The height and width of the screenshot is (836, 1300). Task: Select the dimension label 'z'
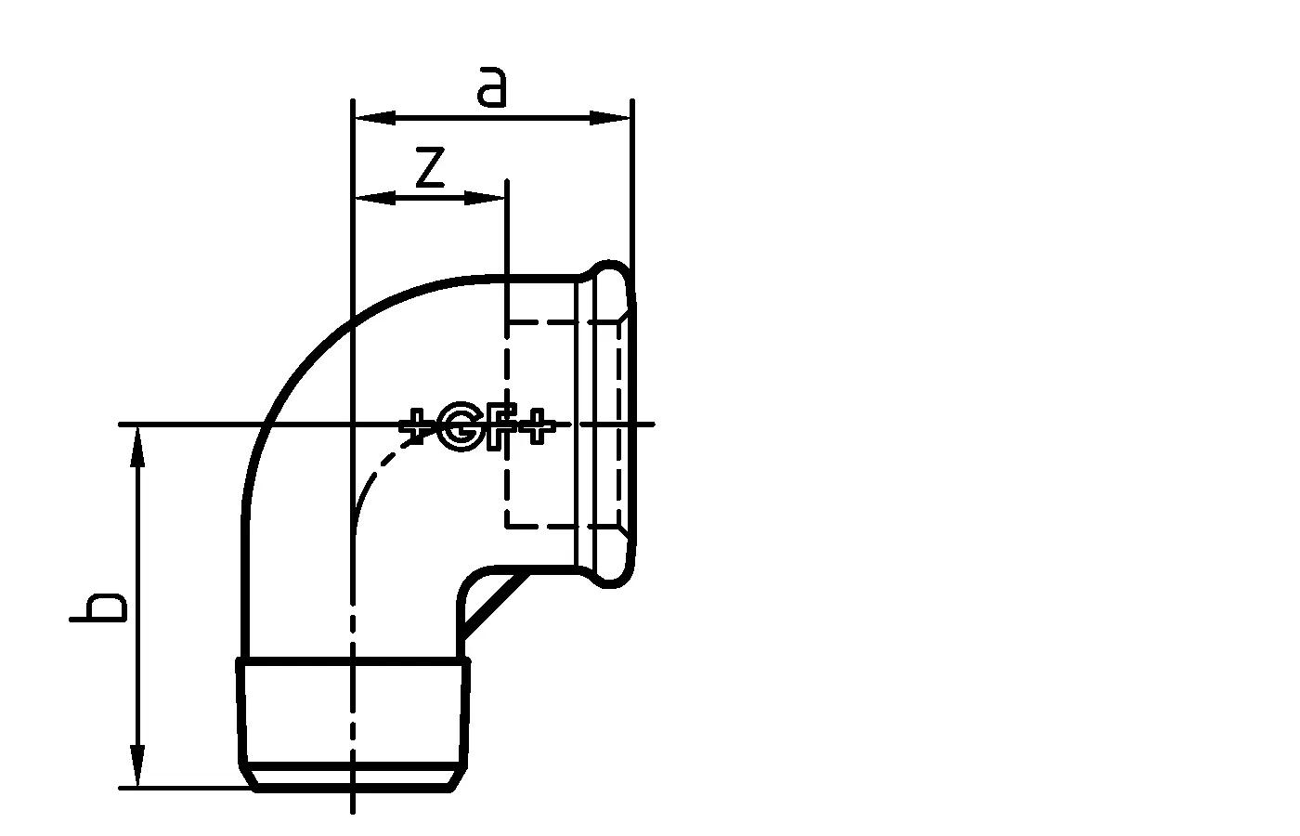coord(429,167)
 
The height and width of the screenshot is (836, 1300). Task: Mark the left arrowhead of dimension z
coord(373,197)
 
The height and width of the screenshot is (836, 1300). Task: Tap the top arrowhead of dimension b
coord(138,446)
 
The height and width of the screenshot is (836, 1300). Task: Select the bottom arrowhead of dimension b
coord(138,767)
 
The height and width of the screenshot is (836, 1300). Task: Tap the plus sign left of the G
coord(417,428)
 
